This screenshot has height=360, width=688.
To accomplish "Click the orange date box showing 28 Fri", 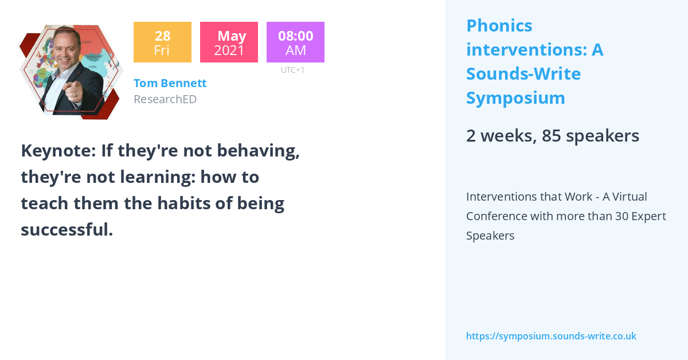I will (x=162, y=42).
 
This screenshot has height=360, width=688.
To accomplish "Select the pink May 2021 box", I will (x=229, y=42).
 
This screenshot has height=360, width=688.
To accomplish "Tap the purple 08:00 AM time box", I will (x=295, y=42).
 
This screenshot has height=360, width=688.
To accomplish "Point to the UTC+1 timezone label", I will (x=292, y=70).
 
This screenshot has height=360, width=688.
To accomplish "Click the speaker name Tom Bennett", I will (x=170, y=83).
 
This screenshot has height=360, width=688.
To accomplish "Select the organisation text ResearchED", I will (x=165, y=99).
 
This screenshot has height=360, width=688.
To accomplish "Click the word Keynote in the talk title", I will (x=57, y=151).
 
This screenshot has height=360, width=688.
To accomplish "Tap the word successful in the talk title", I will (x=67, y=230).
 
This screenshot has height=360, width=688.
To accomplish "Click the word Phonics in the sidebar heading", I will (x=499, y=26).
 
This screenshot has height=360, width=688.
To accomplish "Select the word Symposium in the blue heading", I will (x=515, y=98).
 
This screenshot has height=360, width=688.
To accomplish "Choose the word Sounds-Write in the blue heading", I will (x=523, y=74).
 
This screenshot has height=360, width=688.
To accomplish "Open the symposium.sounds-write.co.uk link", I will (x=551, y=336).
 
